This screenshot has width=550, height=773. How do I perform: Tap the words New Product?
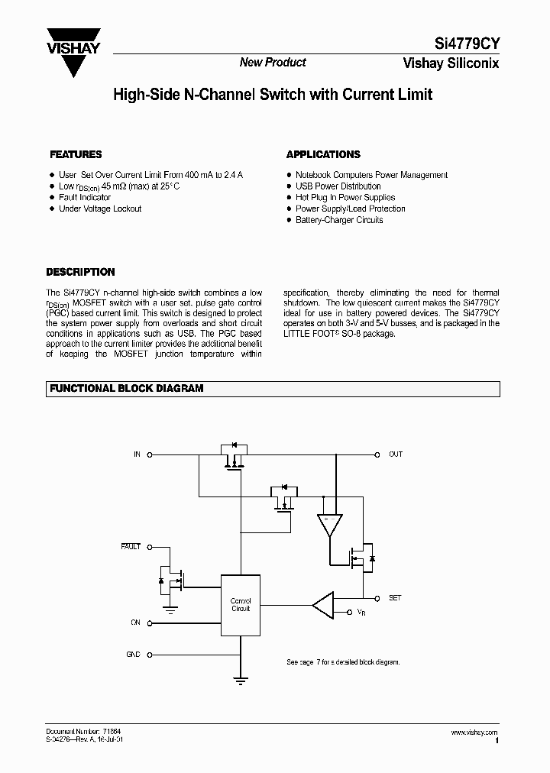(x=273, y=63)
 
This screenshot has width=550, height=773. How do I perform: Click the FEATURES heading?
(x=76, y=154)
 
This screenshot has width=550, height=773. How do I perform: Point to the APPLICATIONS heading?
(x=323, y=154)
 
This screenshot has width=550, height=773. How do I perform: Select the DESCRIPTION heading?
(x=80, y=272)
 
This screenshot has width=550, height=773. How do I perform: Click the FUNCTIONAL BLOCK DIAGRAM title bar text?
(x=127, y=388)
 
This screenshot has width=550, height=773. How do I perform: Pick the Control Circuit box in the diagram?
(x=241, y=604)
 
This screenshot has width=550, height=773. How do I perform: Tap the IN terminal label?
(x=137, y=454)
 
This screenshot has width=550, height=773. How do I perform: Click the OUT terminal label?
(x=395, y=454)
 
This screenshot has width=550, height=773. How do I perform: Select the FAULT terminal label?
(x=131, y=547)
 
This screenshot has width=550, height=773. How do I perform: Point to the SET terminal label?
(x=395, y=598)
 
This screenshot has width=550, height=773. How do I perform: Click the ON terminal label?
(x=135, y=623)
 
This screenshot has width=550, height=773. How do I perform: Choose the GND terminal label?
(x=133, y=655)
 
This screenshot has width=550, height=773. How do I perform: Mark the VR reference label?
(x=361, y=613)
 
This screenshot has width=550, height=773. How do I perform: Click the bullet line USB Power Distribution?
(x=338, y=186)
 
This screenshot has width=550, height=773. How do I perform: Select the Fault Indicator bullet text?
(x=85, y=198)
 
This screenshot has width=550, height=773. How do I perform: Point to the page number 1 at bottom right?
(x=497, y=741)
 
